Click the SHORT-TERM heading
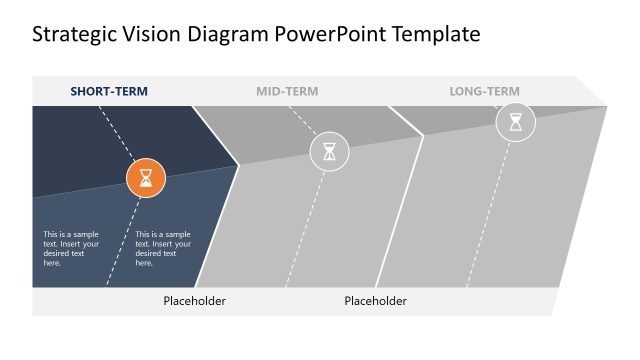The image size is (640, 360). click(x=109, y=91)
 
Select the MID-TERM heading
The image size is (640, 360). click(x=287, y=91)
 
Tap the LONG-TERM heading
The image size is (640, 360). click(x=484, y=91)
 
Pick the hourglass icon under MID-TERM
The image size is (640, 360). click(x=329, y=152)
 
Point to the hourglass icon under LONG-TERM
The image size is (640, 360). click(x=515, y=122)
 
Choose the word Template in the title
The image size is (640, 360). click(x=437, y=35)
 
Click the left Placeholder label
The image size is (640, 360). click(x=195, y=301)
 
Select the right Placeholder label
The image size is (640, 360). click(x=376, y=301)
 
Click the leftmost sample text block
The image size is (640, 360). click(x=72, y=249)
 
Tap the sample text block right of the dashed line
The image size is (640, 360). click(x=163, y=249)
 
